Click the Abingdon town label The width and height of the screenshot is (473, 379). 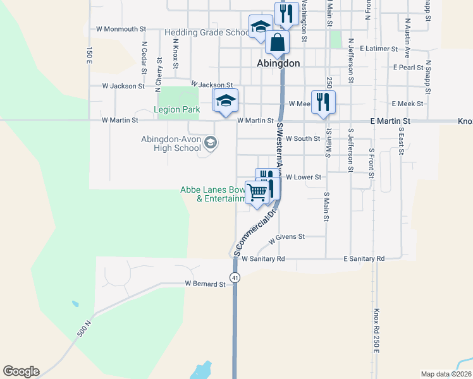pyautogui.click(x=278, y=63)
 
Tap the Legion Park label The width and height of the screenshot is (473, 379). pyautogui.click(x=177, y=109)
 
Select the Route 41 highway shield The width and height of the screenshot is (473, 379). pyautogui.click(x=235, y=277)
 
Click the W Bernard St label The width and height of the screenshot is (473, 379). pyautogui.click(x=205, y=284)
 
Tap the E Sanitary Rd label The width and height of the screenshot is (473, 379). pyautogui.click(x=364, y=259)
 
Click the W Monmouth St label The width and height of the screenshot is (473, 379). pyautogui.click(x=121, y=29)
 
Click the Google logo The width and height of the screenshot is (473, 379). pyautogui.click(x=21, y=371)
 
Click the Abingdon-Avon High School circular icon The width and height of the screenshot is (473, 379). pyautogui.click(x=210, y=143)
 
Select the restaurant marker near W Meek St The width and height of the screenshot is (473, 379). pyautogui.click(x=323, y=102)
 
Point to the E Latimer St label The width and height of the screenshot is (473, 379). pyautogui.click(x=378, y=48)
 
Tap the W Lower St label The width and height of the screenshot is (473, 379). pyautogui.click(x=304, y=178)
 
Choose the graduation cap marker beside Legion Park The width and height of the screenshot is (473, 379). pyautogui.click(x=226, y=101)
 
